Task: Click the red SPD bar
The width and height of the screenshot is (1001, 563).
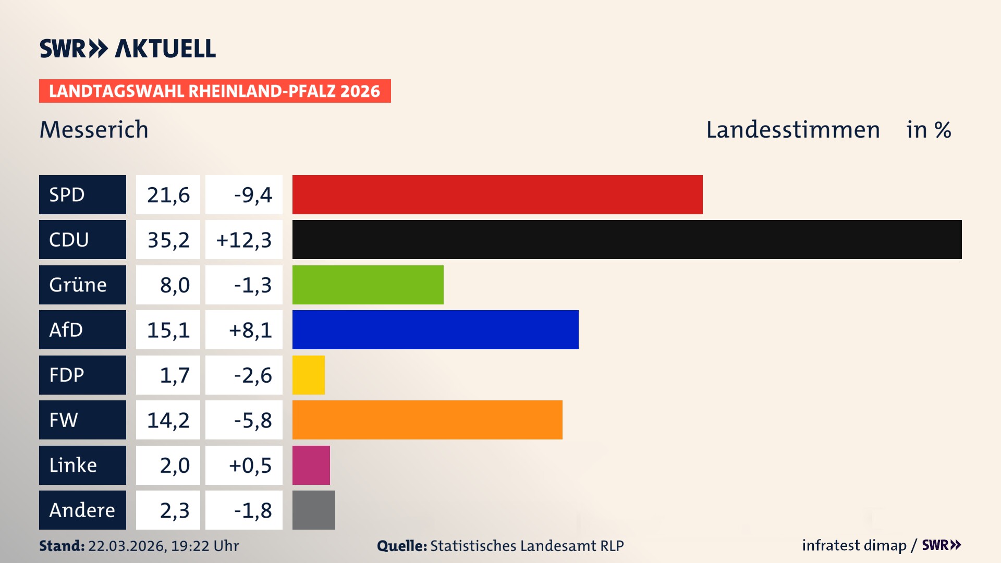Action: pyautogui.click(x=497, y=194)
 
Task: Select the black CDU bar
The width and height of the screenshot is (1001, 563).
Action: pyautogui.click(x=627, y=239)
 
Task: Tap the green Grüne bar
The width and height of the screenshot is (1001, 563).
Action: pyautogui.click(x=368, y=285)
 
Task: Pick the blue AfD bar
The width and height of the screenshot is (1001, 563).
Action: pyautogui.click(x=435, y=329)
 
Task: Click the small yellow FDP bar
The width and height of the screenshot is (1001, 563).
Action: pyautogui.click(x=308, y=375)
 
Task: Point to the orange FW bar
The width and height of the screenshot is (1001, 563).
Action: pyautogui.click(x=427, y=420)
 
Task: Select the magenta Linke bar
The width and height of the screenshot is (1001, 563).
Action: pyautogui.click(x=311, y=465)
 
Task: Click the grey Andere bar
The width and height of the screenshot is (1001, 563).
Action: pyautogui.click(x=313, y=510)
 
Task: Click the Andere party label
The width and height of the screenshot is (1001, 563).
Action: pyautogui.click(x=82, y=510)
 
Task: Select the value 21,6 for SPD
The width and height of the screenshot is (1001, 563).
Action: pyautogui.click(x=168, y=194)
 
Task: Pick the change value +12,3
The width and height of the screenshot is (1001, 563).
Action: pyautogui.click(x=243, y=239)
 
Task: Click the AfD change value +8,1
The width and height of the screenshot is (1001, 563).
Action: pyautogui.click(x=250, y=329)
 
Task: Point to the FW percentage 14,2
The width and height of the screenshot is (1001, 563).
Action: pyautogui.click(x=168, y=420)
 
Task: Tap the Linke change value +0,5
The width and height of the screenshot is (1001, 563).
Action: pyautogui.click(x=250, y=465)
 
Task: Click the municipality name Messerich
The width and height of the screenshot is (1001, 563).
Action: pyautogui.click(x=94, y=129)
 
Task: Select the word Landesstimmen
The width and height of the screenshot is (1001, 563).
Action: pyautogui.click(x=792, y=129)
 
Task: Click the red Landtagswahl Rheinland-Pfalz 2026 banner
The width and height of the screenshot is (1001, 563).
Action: pyautogui.click(x=214, y=91)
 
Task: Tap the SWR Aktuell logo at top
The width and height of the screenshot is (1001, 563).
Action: pyautogui.click(x=127, y=48)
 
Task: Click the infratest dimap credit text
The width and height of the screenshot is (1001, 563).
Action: pyautogui.click(x=853, y=545)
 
